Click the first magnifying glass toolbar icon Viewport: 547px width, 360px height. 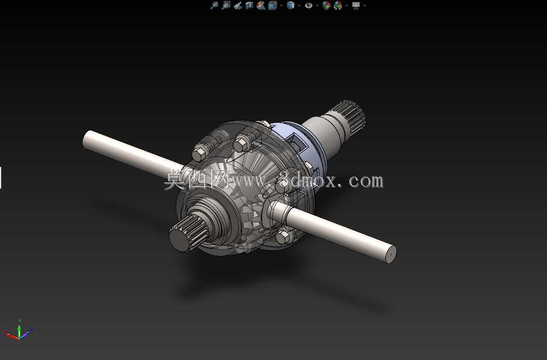click(x=214, y=5)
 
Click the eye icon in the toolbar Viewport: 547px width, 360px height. click(x=308, y=5)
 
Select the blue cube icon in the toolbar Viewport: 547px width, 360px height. click(x=291, y=5)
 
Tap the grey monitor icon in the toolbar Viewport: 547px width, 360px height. click(x=356, y=5)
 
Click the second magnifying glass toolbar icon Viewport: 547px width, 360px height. click(x=226, y=5)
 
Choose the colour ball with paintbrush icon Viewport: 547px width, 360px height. click(x=326, y=5)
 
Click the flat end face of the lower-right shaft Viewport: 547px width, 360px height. click(x=391, y=254)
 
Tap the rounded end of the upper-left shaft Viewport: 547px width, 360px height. click(x=86, y=140)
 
